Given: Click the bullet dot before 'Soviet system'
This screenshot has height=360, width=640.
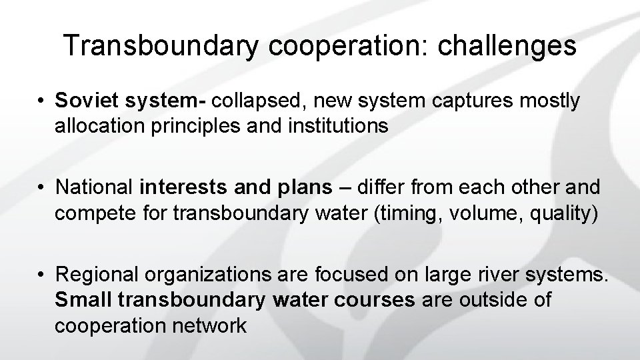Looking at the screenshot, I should tap(41, 101).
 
